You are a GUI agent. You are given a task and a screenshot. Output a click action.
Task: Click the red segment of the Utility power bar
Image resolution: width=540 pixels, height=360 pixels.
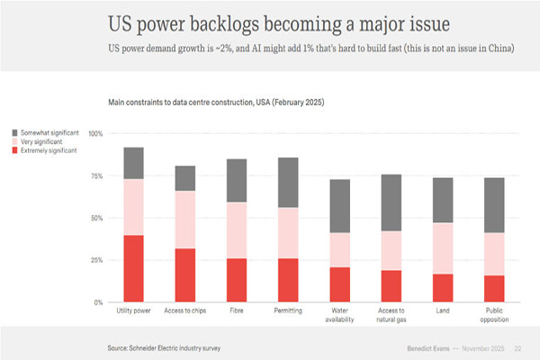click(x=133, y=268)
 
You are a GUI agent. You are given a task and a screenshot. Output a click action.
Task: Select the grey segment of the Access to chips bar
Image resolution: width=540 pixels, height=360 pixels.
click(x=186, y=178)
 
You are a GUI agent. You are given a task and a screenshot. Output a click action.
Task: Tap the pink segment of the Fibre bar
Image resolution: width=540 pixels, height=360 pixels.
click(x=238, y=230)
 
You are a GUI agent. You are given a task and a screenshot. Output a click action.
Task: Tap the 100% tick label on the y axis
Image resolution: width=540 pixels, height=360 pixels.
click(x=95, y=133)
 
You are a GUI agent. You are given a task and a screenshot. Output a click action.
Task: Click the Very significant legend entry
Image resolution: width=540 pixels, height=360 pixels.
click(x=45, y=142)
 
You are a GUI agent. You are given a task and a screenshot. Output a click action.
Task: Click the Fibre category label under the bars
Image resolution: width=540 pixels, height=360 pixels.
click(x=238, y=311)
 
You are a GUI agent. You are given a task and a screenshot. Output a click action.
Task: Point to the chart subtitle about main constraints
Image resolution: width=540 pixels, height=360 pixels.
click(x=216, y=103)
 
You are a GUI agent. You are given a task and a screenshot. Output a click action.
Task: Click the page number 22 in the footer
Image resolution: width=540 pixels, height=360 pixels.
click(x=517, y=346)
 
